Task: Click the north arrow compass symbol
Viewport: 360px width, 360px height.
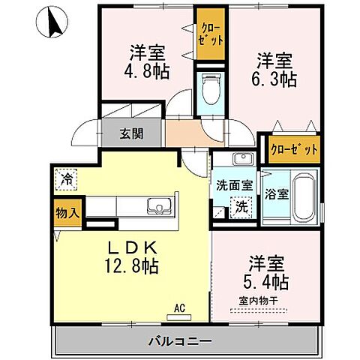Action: click(51, 22)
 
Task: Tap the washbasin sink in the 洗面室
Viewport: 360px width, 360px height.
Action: click(241, 160)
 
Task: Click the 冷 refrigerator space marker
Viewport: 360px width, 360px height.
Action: click(66, 180)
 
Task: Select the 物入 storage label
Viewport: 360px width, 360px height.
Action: click(65, 213)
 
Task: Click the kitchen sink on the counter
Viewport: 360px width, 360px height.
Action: click(160, 205)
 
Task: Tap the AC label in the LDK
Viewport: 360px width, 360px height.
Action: click(180, 307)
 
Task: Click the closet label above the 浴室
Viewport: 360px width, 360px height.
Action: click(289, 148)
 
